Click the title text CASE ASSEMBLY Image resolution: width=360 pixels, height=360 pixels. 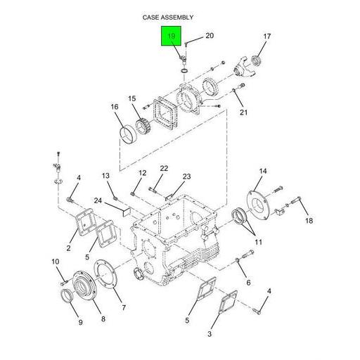[x=167, y=17]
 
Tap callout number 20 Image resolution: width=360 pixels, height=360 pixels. [x=209, y=35]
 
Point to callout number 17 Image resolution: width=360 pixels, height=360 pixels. [x=266, y=37]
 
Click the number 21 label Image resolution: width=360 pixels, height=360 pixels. [x=244, y=112]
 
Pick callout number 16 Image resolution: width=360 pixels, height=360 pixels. [x=114, y=107]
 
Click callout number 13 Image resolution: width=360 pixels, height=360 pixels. [x=105, y=175]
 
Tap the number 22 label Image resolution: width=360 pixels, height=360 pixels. [x=163, y=168]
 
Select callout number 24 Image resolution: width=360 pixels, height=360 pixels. [x=98, y=200]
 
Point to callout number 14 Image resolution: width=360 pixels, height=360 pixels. [x=263, y=171]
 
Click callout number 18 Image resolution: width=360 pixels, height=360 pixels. [x=308, y=221]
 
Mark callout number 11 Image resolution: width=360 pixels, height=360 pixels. [x=258, y=243]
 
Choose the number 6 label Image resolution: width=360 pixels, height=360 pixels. [x=247, y=283]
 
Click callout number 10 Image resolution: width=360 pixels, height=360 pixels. [x=56, y=262]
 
